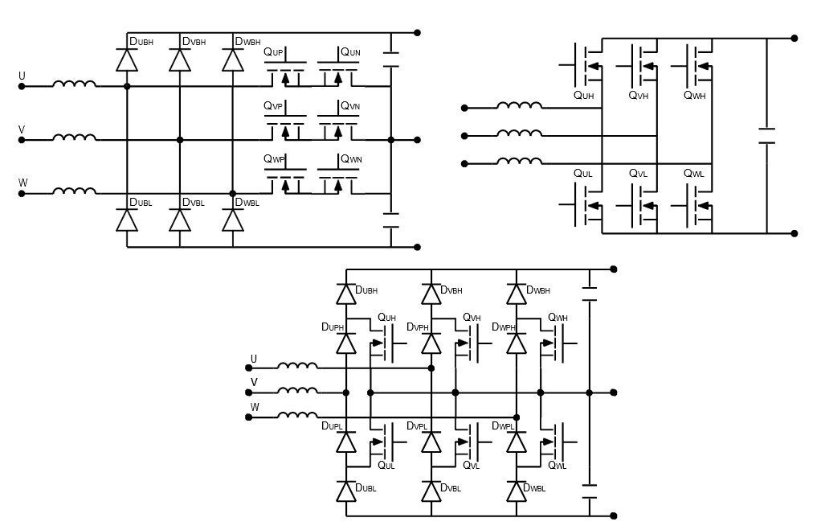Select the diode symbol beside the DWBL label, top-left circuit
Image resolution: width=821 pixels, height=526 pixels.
(x=233, y=219)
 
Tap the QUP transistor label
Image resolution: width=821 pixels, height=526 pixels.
(x=273, y=52)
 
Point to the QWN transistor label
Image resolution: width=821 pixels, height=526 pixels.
(x=351, y=159)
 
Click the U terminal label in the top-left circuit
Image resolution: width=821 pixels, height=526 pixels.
(x=22, y=76)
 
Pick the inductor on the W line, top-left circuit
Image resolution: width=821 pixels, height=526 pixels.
(x=75, y=191)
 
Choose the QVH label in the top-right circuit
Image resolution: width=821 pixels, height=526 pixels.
(x=639, y=95)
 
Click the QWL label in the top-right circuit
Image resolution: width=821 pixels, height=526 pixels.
(x=694, y=174)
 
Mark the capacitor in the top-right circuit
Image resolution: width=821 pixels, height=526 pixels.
(x=766, y=135)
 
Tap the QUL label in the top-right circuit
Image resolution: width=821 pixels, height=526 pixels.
(x=583, y=174)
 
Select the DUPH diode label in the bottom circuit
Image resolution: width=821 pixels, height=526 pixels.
(x=333, y=327)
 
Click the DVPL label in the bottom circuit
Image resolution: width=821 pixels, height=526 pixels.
(x=418, y=425)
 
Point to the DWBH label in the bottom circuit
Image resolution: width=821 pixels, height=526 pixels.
(x=538, y=290)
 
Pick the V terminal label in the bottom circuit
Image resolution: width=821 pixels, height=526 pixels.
(x=254, y=381)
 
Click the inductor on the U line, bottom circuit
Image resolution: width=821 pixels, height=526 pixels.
(x=296, y=367)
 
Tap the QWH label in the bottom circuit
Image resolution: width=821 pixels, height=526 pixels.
(x=558, y=318)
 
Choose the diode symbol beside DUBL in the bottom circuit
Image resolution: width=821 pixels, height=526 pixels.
(x=346, y=491)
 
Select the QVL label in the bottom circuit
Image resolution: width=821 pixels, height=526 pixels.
(x=472, y=465)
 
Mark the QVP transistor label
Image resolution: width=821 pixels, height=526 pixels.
(x=273, y=106)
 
